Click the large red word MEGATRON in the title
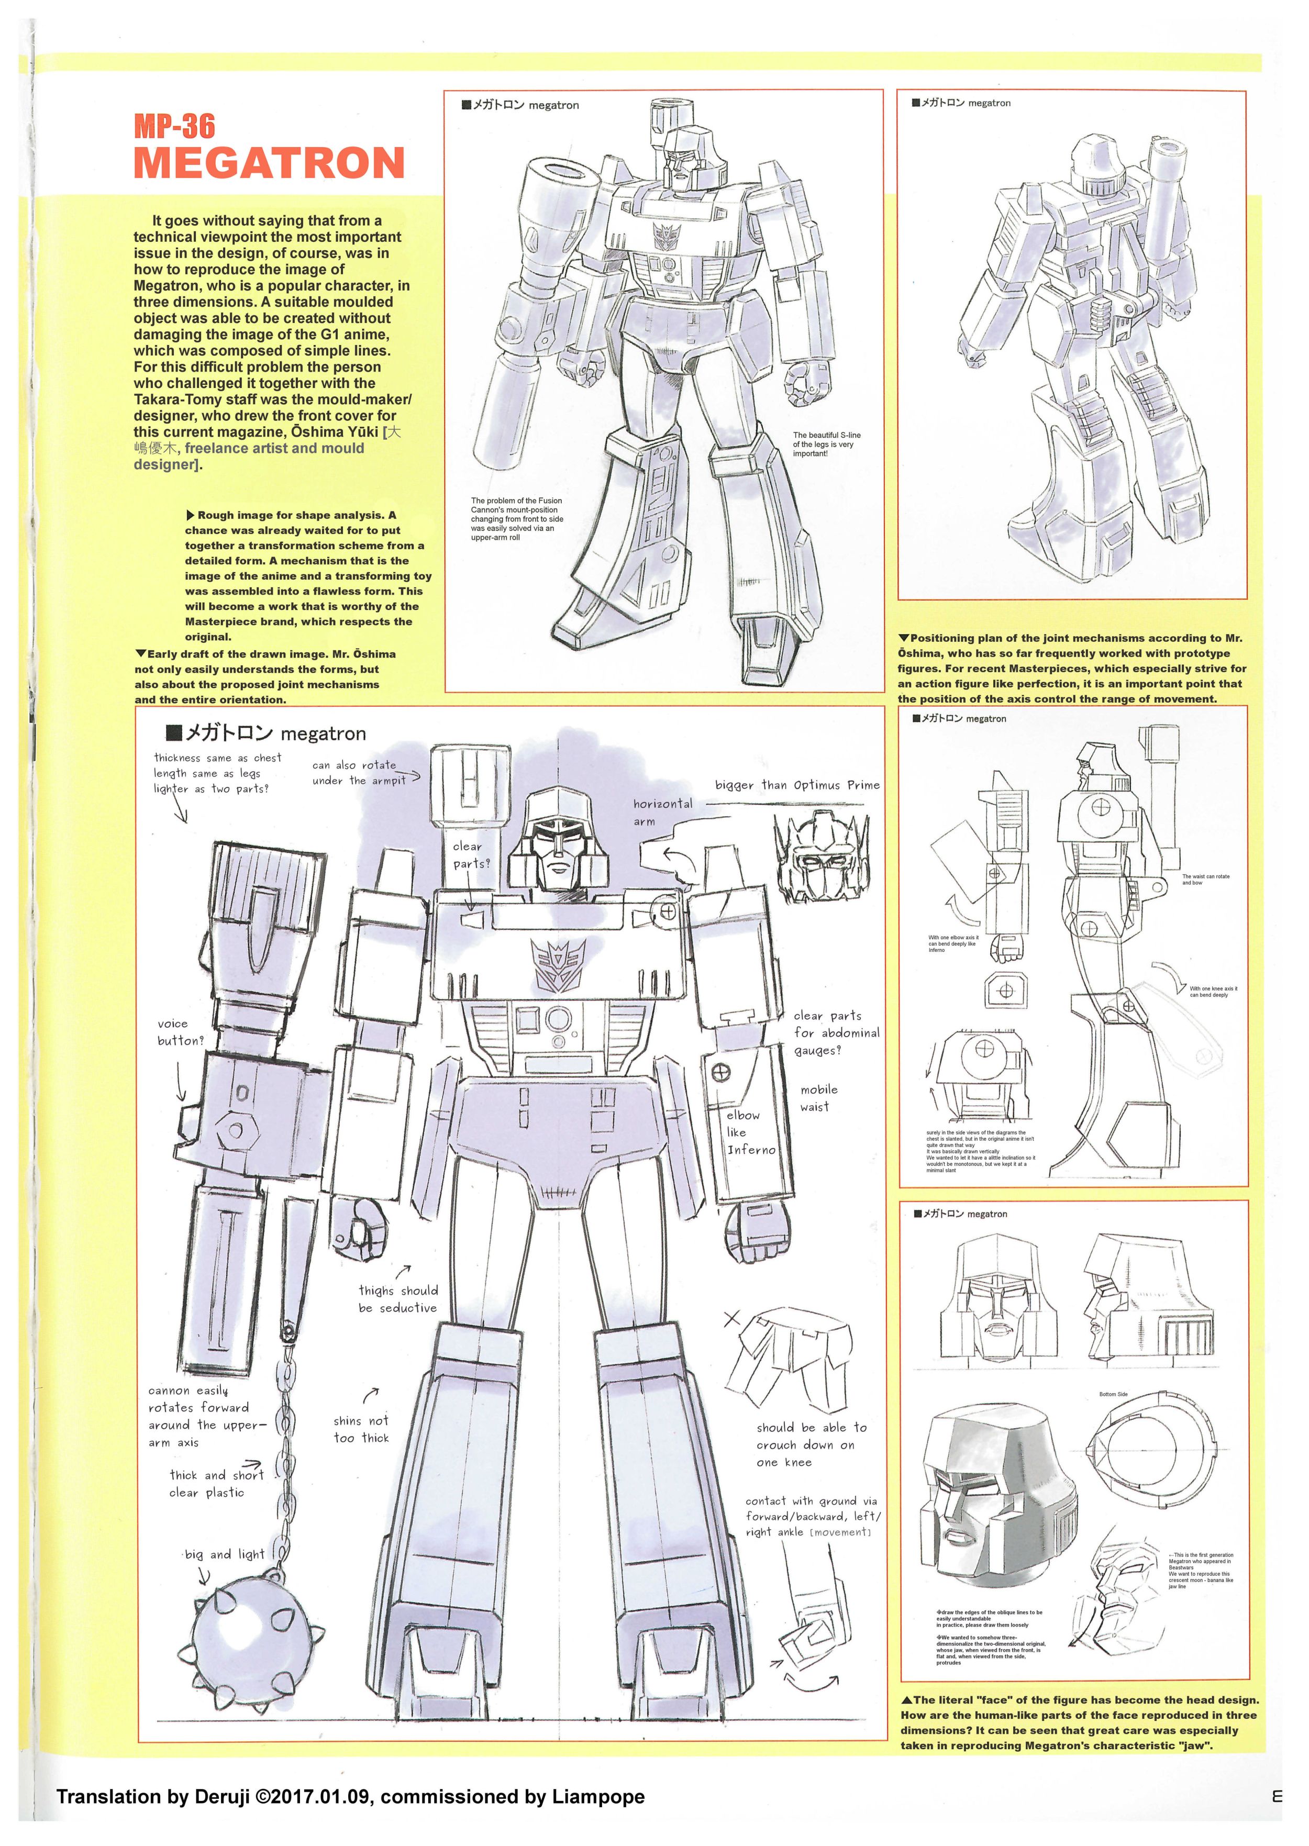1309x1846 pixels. click(x=269, y=163)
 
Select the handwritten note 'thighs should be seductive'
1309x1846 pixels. click(x=398, y=1299)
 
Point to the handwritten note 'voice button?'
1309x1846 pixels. click(x=181, y=1032)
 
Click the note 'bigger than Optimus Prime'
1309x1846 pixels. click(x=797, y=785)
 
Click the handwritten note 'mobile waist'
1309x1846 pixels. click(x=819, y=1097)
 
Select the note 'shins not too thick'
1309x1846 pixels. click(x=361, y=1429)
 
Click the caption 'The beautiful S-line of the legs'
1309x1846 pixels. click(x=826, y=444)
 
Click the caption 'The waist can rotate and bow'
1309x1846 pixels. click(x=1206, y=879)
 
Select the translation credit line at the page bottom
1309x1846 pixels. click(x=351, y=1796)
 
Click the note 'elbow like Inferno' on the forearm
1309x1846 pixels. click(x=750, y=1132)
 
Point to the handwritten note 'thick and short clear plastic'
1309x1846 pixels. click(x=216, y=1483)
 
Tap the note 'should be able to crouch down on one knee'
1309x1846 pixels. click(x=812, y=1444)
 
